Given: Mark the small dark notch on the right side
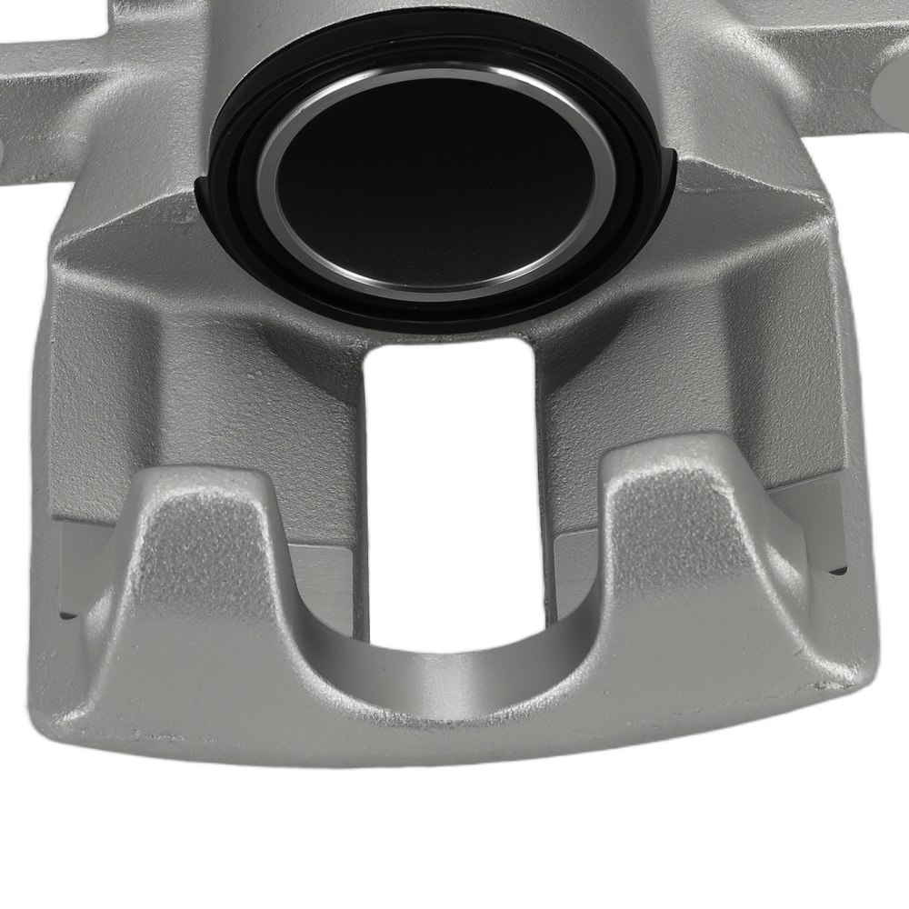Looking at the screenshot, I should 838,573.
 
